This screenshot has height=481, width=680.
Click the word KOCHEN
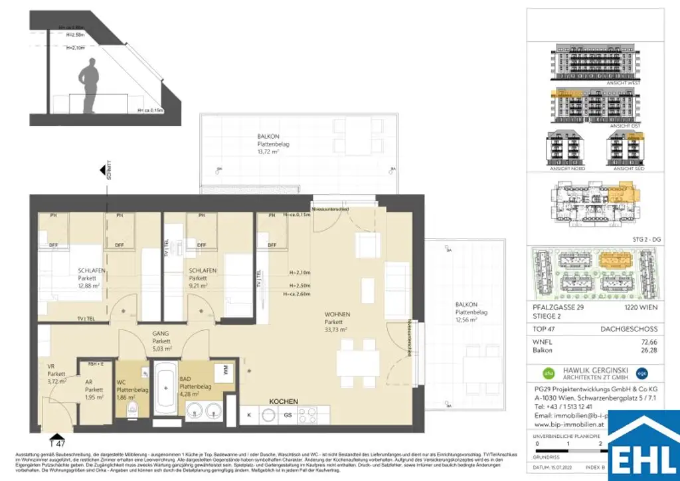click(x=283, y=402)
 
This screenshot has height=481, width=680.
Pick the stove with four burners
click(x=309, y=416)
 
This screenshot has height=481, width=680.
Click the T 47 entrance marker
click(x=57, y=441)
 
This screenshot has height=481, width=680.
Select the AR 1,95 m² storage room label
click(x=94, y=393)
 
